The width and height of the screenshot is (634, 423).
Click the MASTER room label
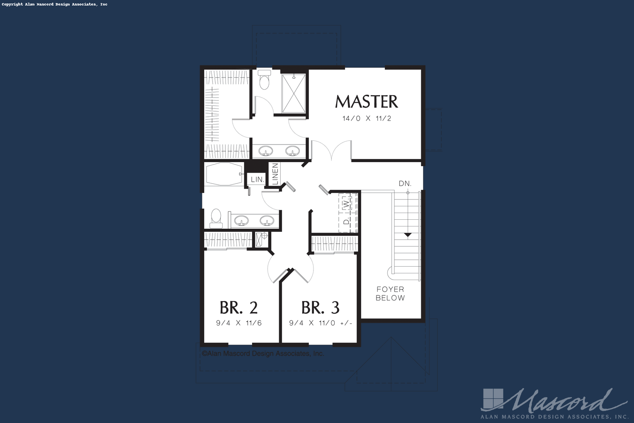click(367, 102)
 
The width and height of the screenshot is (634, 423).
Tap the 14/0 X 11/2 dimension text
click(367, 118)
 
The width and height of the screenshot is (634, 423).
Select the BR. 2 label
click(239, 308)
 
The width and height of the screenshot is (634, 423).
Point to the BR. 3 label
click(320, 308)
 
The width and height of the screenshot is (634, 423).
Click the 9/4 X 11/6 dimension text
click(239, 323)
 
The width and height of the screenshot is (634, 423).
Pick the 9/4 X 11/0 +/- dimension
click(321, 323)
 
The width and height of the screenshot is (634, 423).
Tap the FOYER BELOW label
click(390, 293)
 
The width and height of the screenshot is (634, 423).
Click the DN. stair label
click(405, 184)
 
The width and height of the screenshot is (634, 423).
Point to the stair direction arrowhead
click(407, 235)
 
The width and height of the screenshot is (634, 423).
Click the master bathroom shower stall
click(294, 94)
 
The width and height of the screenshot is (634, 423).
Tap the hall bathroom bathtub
click(224, 174)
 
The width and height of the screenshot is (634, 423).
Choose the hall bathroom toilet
click(216, 219)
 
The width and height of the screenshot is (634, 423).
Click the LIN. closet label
click(258, 179)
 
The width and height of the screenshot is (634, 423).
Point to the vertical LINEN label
click(275, 174)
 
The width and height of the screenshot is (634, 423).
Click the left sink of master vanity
click(265, 151)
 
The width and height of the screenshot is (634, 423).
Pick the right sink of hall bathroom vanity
click(267, 221)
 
